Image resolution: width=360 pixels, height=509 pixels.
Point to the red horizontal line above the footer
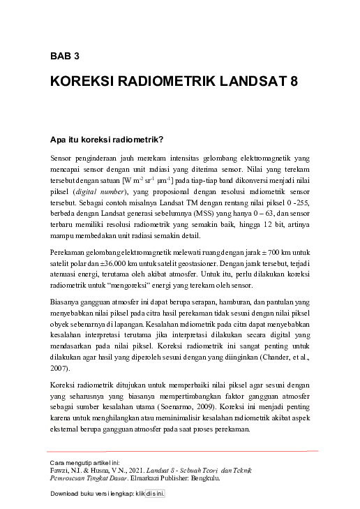pyautogui.click(x=181, y=452)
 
